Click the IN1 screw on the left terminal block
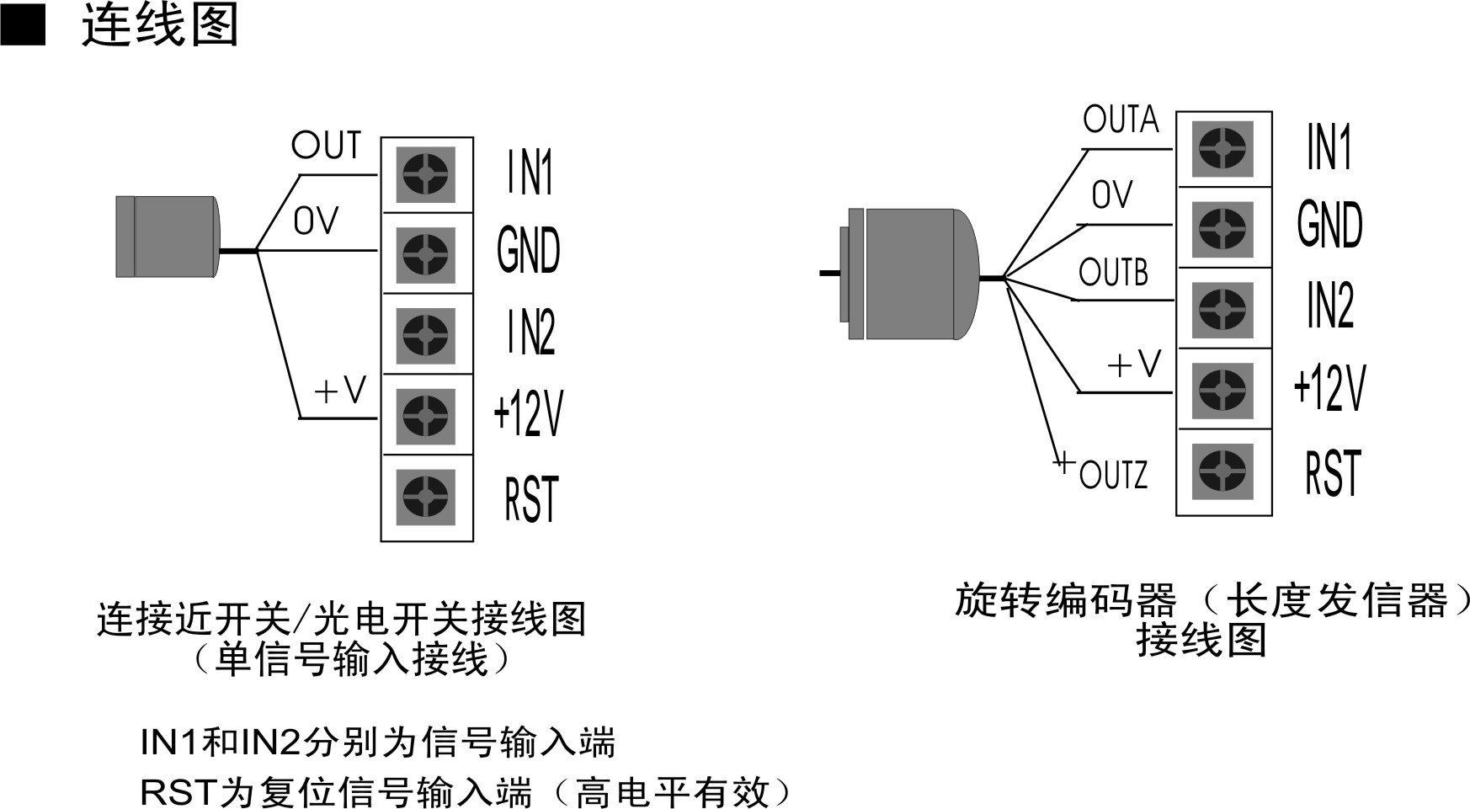pos(426,175)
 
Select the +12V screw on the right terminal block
pos(1222,391)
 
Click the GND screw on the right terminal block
pos(1222,228)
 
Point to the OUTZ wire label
pos(1112,475)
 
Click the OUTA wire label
pos(1121,120)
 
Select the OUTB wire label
pos(1113,273)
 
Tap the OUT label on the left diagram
pos(327,146)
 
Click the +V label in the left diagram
pos(340,391)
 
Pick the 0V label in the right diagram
pos(1112,195)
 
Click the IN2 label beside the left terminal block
pos(530,333)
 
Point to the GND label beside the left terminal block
pos(529,251)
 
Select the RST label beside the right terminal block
pos(1332,473)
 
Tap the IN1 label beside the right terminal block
pos(1329,148)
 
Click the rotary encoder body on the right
pos(918,274)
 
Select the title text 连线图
pos(160,25)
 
